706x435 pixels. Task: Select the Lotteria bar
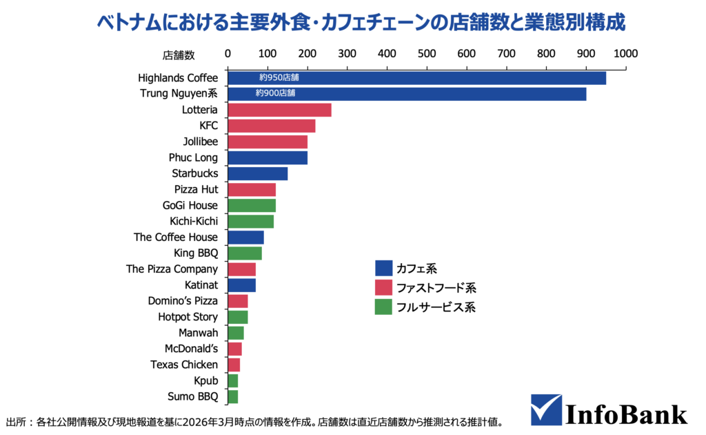point(279,110)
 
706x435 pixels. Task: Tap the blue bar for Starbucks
point(257,173)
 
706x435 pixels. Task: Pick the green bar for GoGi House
point(252,205)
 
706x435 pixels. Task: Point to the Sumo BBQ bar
point(232,396)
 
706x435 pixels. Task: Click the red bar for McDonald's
point(234,349)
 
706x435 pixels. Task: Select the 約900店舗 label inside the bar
point(275,93)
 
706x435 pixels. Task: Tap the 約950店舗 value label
point(279,78)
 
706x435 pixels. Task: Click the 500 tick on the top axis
point(427,53)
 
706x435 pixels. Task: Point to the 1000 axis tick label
point(625,53)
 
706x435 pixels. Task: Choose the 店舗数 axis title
point(179,54)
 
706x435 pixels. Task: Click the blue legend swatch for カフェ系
point(383,268)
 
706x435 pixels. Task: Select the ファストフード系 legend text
point(436,287)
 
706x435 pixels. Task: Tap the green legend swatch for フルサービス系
point(383,307)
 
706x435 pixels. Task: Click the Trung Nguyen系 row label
point(179,94)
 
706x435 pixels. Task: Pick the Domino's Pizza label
point(183,301)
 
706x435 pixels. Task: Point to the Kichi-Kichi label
point(193,221)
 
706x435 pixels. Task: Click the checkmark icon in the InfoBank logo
point(545,409)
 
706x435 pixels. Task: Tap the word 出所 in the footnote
point(16,420)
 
